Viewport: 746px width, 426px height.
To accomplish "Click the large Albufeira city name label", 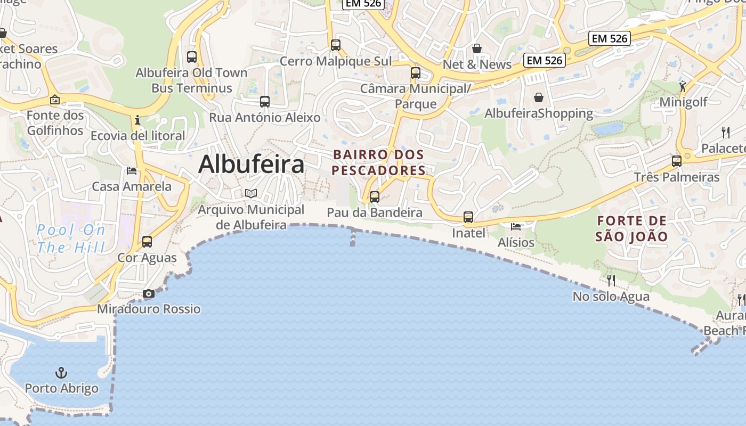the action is [x=252, y=165].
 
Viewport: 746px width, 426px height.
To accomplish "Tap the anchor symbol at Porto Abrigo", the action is [x=62, y=372].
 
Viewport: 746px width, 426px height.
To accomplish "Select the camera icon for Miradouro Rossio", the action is [x=149, y=294].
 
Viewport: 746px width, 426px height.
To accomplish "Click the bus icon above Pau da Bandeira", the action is [x=375, y=197].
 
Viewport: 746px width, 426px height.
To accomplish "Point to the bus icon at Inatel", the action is [x=468, y=217].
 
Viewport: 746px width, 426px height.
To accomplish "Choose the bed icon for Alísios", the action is [x=516, y=226].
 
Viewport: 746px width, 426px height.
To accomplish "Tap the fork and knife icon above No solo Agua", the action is [x=611, y=280].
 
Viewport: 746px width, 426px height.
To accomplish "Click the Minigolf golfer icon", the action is [x=683, y=86].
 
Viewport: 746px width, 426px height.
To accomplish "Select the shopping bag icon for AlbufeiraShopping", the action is [x=539, y=98].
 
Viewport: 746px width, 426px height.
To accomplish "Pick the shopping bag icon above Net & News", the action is [x=477, y=49].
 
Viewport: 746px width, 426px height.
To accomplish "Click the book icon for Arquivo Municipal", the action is [x=251, y=194].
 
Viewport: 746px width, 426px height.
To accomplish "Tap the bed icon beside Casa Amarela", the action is [x=132, y=171].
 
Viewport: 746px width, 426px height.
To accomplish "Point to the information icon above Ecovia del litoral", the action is [x=137, y=120].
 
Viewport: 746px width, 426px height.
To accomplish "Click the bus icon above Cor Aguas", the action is [x=147, y=242].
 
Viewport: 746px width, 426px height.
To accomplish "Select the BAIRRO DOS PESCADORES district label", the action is [x=378, y=162].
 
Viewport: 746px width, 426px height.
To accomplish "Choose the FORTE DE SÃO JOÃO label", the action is [x=631, y=228].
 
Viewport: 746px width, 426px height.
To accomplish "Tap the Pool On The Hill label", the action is [x=71, y=239].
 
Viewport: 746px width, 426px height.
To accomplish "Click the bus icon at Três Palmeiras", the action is [x=677, y=161].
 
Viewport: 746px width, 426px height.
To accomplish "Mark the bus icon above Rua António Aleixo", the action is [x=265, y=102].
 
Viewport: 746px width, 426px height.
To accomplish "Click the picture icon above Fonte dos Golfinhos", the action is [x=54, y=100].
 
